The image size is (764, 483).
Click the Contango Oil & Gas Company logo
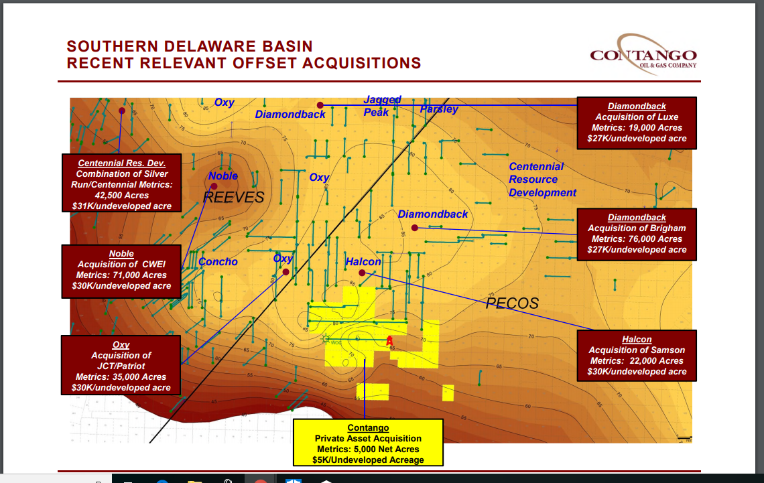point(643,53)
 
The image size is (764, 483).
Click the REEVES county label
point(234,198)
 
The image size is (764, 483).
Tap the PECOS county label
point(512,303)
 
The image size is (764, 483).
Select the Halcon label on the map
point(363,261)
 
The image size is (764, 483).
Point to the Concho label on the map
point(218,261)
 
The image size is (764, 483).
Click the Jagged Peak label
point(381,106)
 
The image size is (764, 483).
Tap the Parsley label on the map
point(439,109)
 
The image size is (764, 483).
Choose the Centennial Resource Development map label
point(542,180)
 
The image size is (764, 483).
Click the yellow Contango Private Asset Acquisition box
point(369,442)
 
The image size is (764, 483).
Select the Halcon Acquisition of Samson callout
point(637,355)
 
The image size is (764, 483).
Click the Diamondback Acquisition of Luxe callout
point(637,123)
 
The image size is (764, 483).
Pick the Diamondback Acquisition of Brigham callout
point(637,233)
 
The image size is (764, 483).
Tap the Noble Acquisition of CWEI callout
point(121,270)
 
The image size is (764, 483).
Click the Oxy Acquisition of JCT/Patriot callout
point(121,366)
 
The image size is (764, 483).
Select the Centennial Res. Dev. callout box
point(121,184)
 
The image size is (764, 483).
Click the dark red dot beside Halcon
point(362,273)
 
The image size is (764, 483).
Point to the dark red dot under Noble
point(214,186)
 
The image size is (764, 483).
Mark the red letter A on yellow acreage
point(389,341)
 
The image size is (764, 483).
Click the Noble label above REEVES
point(222,176)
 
